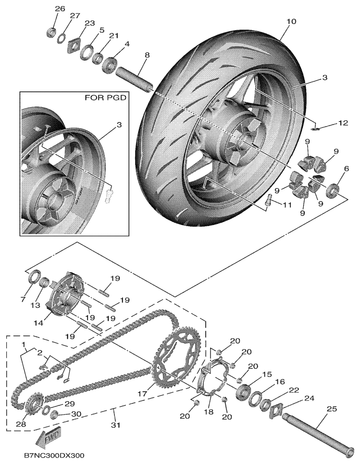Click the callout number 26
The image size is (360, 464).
(59, 9)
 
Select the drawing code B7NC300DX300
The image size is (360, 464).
(53, 454)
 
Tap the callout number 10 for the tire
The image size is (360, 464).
(291, 22)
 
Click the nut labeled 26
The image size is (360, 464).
(50, 33)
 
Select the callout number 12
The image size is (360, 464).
(342, 123)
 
